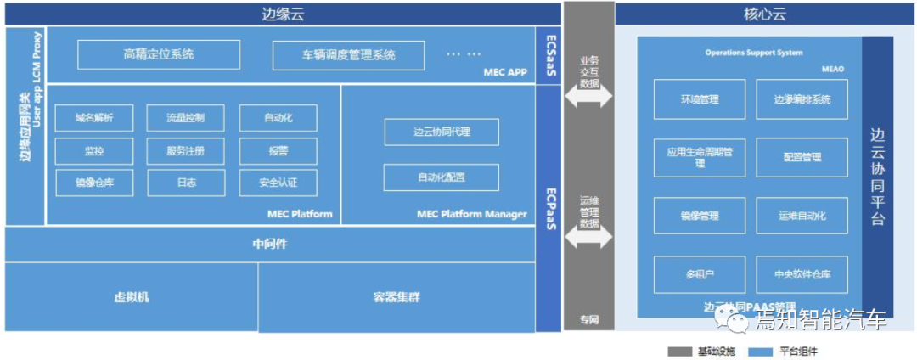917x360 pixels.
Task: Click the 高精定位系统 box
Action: pyautogui.click(x=158, y=55)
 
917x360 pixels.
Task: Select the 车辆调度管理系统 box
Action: pyautogui.click(x=348, y=55)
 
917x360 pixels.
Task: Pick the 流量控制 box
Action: pyautogui.click(x=185, y=118)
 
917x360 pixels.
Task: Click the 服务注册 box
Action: pyautogui.click(x=185, y=150)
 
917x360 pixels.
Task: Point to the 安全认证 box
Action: pyautogui.click(x=278, y=182)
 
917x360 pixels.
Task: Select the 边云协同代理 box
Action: pyautogui.click(x=442, y=132)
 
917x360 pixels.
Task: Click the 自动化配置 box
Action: pyautogui.click(x=442, y=177)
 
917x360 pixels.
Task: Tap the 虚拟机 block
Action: pyautogui.click(x=132, y=297)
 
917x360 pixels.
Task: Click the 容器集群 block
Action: pyautogui.click(x=397, y=297)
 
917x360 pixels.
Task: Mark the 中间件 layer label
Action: pyautogui.click(x=271, y=244)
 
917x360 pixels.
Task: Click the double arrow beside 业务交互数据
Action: pyautogui.click(x=588, y=96)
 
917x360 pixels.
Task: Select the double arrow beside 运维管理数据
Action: pyautogui.click(x=588, y=238)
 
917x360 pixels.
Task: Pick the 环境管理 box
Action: pyautogui.click(x=700, y=99)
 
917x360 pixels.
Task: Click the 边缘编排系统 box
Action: pyautogui.click(x=802, y=99)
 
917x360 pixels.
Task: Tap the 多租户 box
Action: pyautogui.click(x=700, y=274)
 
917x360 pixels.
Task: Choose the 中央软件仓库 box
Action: pyautogui.click(x=802, y=274)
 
